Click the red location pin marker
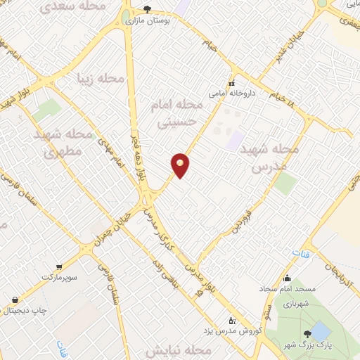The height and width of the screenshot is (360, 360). (181, 165)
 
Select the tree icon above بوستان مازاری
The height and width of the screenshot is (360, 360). (147, 10)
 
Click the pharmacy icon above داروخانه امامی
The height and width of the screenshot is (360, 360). (231, 82)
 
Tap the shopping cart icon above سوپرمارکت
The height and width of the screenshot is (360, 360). (59, 267)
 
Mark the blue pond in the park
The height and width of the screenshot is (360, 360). (320, 330)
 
